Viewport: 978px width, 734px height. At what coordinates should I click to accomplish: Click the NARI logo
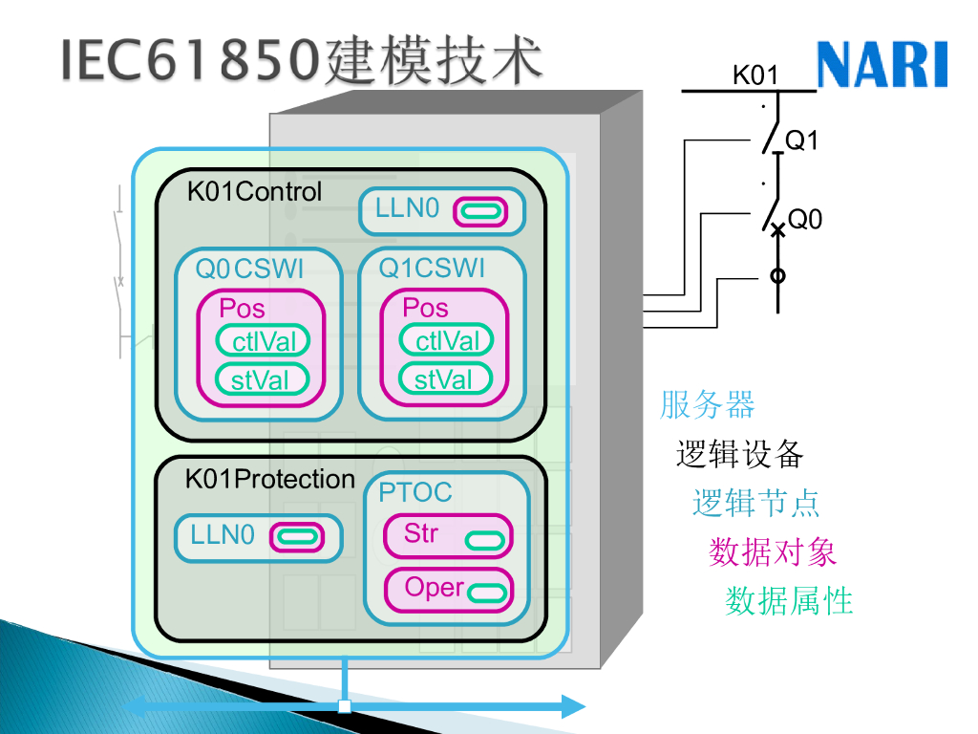pos(882,64)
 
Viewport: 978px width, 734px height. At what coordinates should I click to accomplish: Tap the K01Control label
pos(254,191)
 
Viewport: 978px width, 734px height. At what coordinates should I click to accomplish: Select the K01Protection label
pos(269,479)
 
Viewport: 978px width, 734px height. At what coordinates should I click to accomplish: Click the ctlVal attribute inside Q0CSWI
pos(263,340)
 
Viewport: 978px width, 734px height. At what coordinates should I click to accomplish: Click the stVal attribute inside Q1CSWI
pos(444,379)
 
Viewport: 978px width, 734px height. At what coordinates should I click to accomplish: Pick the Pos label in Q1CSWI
pos(425,308)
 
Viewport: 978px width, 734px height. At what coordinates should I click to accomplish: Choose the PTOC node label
pos(415,492)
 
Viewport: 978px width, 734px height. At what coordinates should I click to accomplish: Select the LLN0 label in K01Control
pos(408,208)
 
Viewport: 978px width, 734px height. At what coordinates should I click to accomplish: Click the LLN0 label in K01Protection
pos(223,534)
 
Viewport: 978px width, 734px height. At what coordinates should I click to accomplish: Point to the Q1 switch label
pos(802,140)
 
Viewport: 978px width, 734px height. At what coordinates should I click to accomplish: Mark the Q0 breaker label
pos(805,220)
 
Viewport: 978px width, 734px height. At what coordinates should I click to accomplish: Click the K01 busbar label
pos(755,75)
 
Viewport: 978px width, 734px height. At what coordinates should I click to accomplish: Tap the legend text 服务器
pos(707,405)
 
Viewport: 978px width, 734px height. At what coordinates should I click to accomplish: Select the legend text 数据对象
pos(773,551)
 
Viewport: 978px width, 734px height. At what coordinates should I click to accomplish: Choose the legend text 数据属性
pos(789,601)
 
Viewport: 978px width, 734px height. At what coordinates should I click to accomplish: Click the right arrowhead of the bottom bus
pos(573,707)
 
